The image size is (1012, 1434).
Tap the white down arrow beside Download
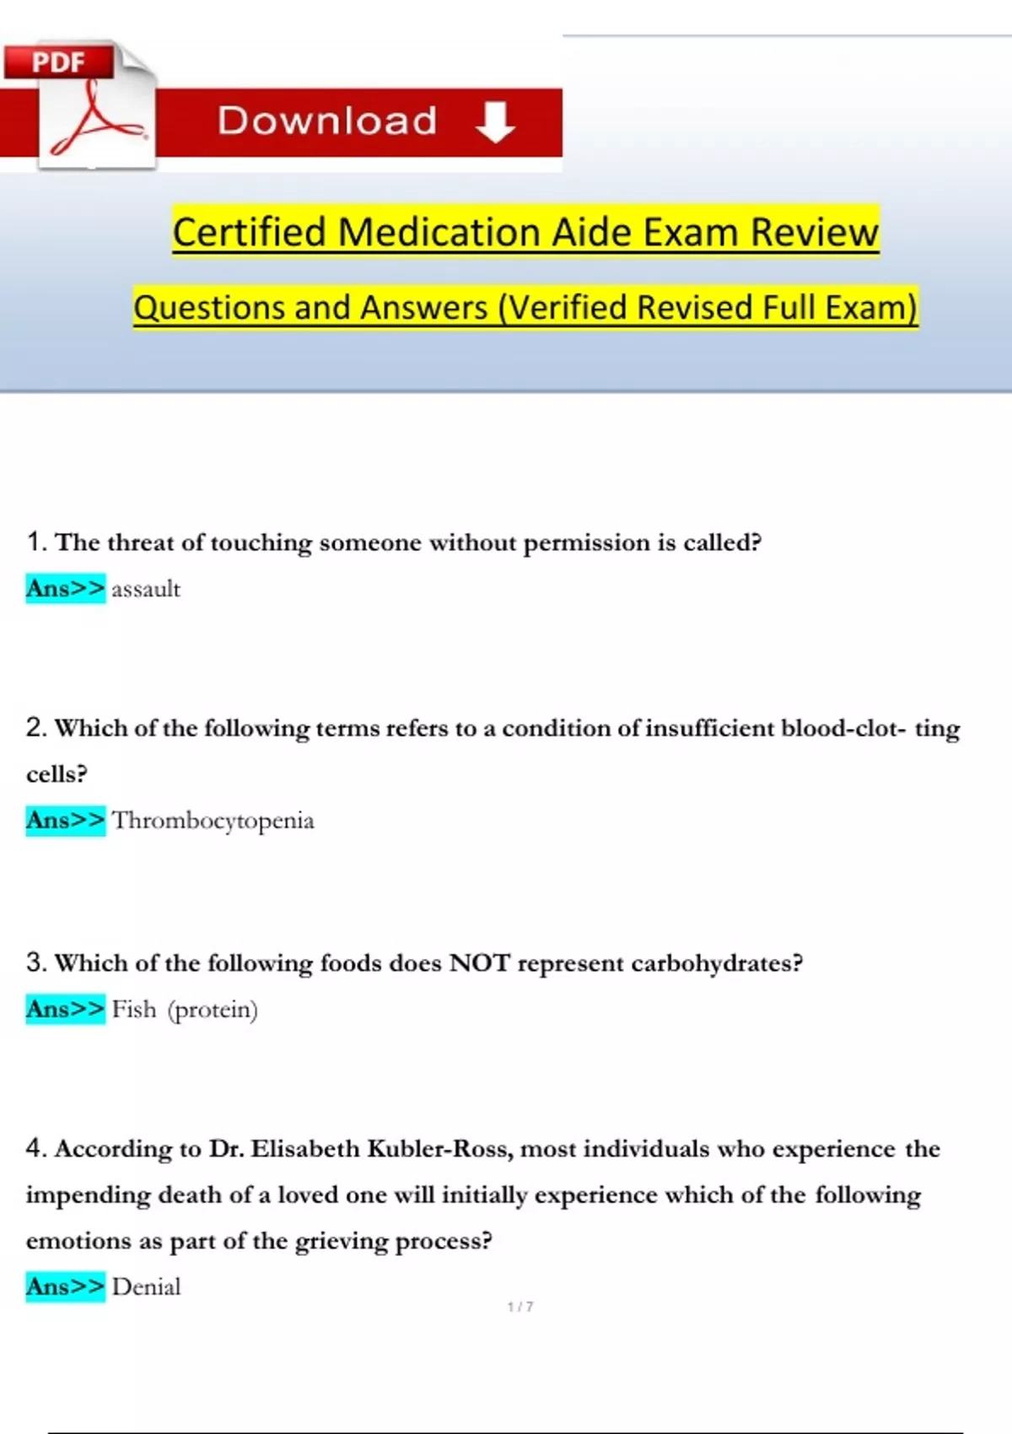point(495,121)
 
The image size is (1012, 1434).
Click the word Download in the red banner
point(327,121)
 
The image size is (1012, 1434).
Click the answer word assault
point(146,589)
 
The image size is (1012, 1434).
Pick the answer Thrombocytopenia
point(213,820)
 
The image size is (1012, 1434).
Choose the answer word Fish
point(134,1009)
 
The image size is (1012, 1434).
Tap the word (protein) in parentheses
point(213,1010)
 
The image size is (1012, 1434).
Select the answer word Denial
point(146,1286)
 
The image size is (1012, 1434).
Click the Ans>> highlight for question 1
point(66,588)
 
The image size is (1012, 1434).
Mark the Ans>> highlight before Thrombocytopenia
point(66,820)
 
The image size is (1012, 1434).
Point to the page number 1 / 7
point(520,1307)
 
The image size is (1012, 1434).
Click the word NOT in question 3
point(480,962)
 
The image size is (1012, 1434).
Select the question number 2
point(35,727)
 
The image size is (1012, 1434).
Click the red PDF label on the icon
point(58,62)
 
